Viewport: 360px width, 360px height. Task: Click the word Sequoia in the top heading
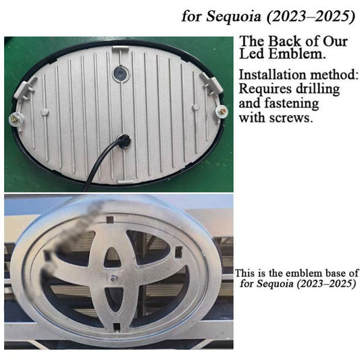[x=234, y=16]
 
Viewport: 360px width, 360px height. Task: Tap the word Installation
[x=272, y=75]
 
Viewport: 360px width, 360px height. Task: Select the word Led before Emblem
[x=252, y=54]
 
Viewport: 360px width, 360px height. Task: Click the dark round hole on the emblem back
[x=120, y=73]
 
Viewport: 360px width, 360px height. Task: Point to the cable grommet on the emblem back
[x=124, y=140]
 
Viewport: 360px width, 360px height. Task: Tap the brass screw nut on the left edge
[x=15, y=119]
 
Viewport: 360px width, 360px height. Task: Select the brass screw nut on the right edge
[x=222, y=111]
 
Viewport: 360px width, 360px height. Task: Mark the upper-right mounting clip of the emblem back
[x=211, y=84]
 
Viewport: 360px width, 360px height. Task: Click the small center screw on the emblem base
[x=113, y=278]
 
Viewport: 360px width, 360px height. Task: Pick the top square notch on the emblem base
[x=110, y=220]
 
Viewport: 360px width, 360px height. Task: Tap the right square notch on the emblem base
[x=178, y=251]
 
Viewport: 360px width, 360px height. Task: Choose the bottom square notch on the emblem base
[x=117, y=326]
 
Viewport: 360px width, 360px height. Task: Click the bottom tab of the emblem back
[x=125, y=181]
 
